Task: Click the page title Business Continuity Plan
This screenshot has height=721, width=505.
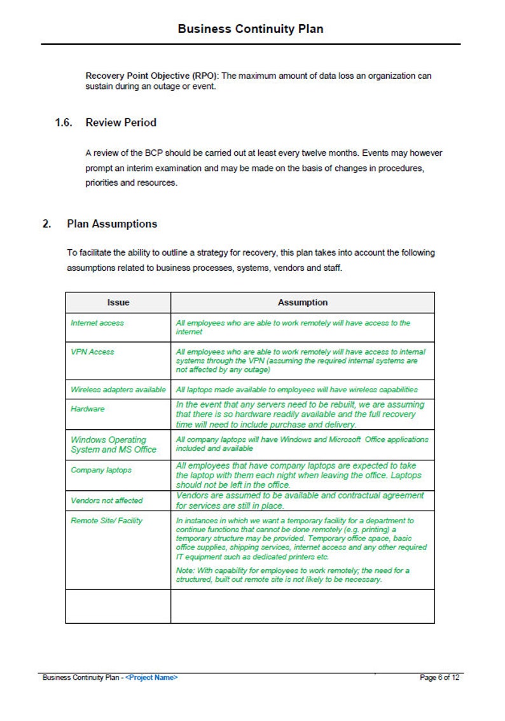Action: tap(251, 29)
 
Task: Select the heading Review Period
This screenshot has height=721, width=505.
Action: tap(121, 122)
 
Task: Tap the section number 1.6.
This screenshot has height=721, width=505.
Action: tap(64, 122)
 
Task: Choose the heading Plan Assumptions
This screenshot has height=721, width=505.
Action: tap(112, 224)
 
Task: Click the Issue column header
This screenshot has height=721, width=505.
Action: tap(118, 303)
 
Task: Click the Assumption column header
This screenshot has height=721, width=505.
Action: tap(303, 303)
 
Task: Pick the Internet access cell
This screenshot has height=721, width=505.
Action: tap(97, 323)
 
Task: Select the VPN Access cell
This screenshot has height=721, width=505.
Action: tap(93, 352)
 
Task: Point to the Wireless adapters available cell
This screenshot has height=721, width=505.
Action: tap(118, 389)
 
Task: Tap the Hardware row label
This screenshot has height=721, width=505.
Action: tap(87, 409)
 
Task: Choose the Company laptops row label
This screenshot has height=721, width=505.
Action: tap(101, 470)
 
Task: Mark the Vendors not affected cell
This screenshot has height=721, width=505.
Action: tap(107, 500)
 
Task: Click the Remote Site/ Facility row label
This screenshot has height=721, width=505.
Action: tap(107, 521)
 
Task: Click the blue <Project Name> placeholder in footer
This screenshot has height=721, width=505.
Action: tap(151, 678)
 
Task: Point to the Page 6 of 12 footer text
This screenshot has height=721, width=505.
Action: tap(439, 678)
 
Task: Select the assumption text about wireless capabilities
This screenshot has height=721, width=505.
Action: tap(297, 389)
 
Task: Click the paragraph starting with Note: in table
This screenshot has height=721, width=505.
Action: tap(293, 575)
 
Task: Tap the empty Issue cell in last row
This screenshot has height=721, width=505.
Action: tap(118, 606)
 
